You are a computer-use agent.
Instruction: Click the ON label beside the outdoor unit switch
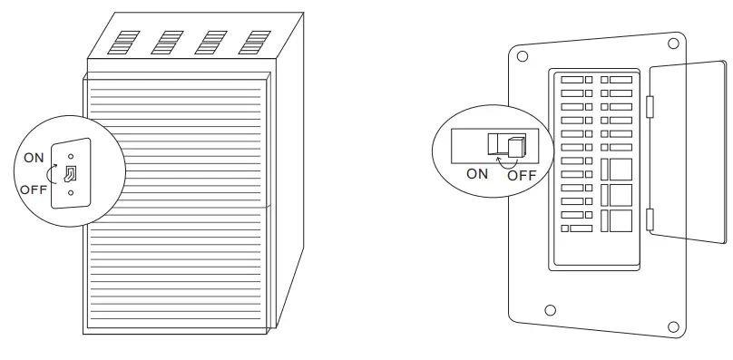pos(34,158)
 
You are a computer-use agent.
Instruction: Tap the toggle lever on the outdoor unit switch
pos(70,173)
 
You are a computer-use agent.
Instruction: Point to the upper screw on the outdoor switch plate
pos(71,156)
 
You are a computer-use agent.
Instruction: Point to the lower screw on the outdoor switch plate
pos(71,192)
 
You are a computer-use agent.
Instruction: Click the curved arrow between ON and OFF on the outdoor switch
pos(52,172)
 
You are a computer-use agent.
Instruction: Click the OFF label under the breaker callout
pos(522,175)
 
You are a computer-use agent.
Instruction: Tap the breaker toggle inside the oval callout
pos(515,146)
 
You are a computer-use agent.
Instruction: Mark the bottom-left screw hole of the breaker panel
pos(549,311)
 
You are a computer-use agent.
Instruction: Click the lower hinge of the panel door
pos(649,218)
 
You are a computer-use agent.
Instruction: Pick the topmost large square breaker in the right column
pos(617,169)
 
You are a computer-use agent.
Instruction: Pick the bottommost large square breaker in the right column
pos(617,221)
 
